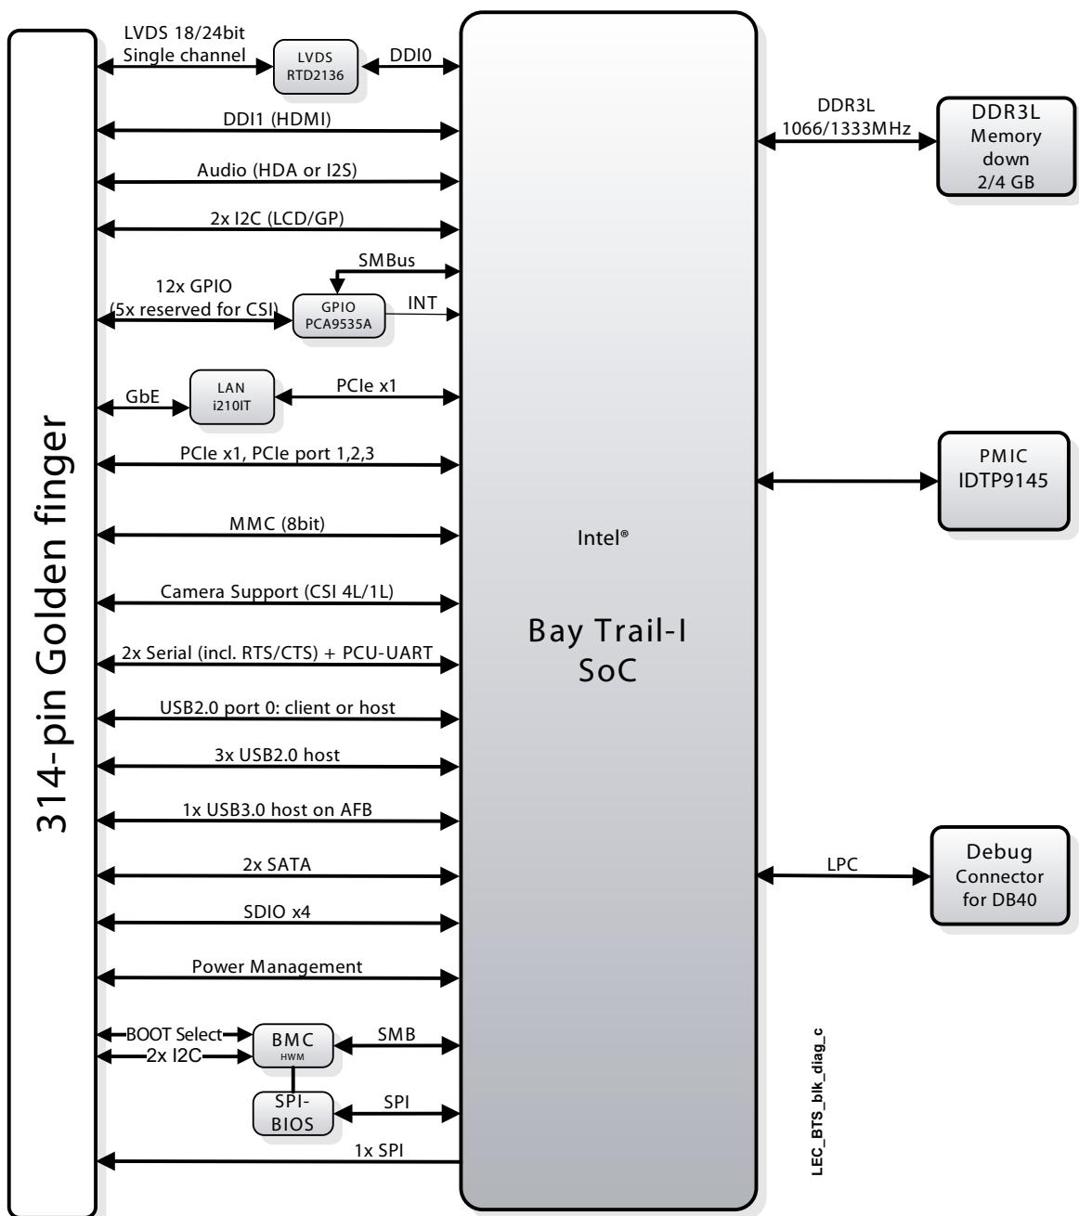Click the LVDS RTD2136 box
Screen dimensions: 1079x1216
[x=315, y=67]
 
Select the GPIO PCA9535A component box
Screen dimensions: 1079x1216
[x=339, y=316]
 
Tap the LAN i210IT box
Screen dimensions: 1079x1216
[x=232, y=396]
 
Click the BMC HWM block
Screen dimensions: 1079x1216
[x=293, y=1045]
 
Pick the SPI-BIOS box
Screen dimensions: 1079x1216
[x=293, y=1113]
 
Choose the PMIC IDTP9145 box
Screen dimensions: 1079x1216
[x=1004, y=481]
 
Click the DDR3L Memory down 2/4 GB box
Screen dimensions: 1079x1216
[x=1006, y=147]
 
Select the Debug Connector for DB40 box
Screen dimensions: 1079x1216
[x=1000, y=875]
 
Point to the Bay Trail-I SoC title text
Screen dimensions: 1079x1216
[x=607, y=650]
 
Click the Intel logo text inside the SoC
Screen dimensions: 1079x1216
[x=603, y=537]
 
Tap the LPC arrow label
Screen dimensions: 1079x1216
[x=842, y=863]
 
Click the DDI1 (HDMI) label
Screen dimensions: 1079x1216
[x=277, y=119]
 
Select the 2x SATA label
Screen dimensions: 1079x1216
[x=277, y=863]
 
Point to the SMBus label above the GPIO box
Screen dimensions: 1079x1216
[x=386, y=260]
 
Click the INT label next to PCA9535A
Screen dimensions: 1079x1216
[x=422, y=304]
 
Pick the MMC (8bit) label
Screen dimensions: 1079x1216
[x=277, y=524]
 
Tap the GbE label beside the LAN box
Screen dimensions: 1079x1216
[x=142, y=396]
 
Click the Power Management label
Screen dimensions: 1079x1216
[x=277, y=965]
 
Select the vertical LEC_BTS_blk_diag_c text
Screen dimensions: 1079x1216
[x=816, y=1102]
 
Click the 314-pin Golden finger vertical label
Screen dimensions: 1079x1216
[x=52, y=623]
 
